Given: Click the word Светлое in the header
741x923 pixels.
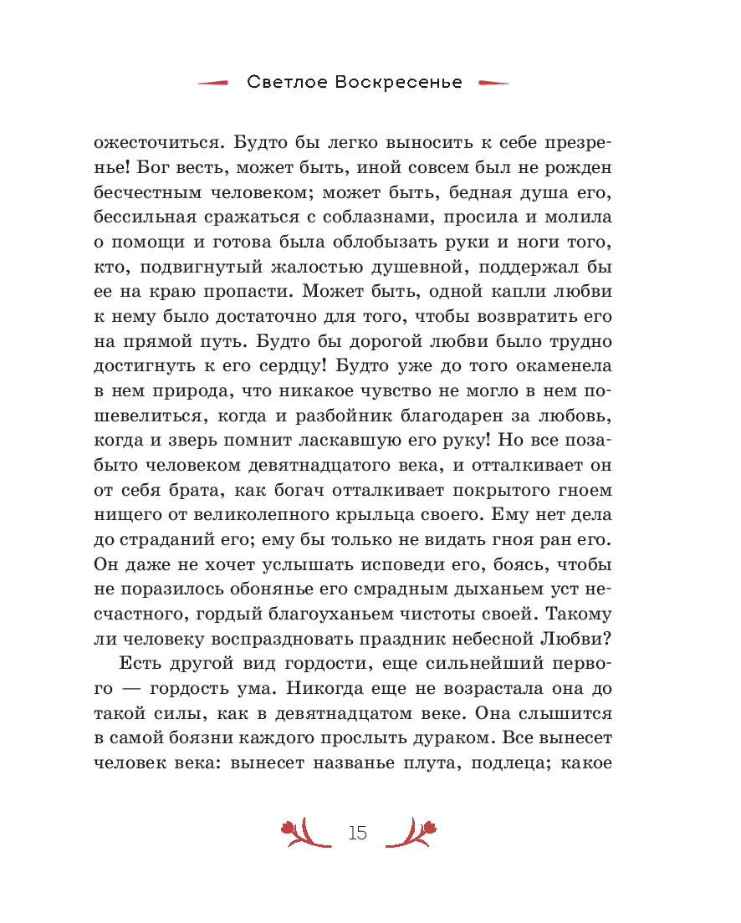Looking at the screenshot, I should [x=288, y=83].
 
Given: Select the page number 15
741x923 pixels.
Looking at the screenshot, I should [x=358, y=833].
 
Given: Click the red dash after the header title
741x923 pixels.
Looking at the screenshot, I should [x=493, y=83].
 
